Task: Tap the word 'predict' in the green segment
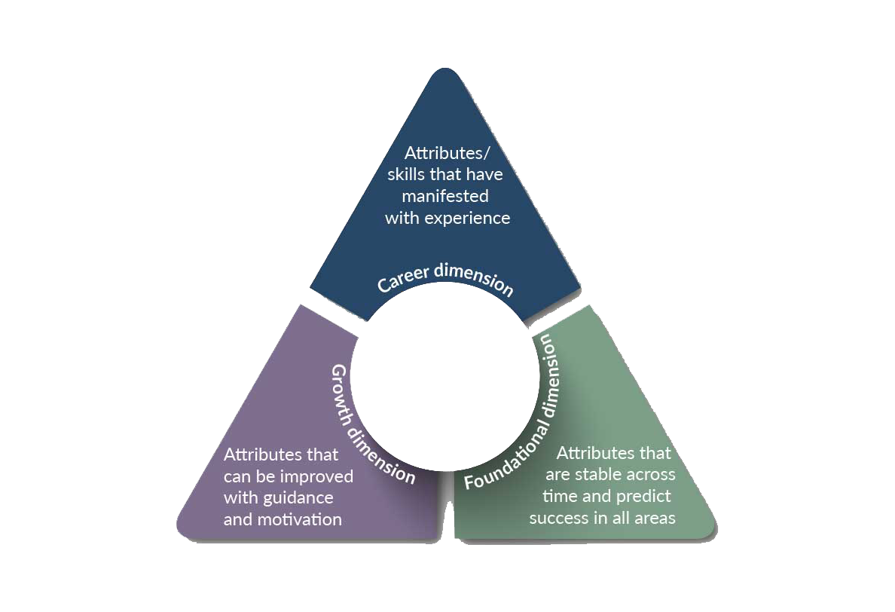(x=643, y=497)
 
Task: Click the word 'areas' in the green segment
(x=654, y=519)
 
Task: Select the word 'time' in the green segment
(x=560, y=497)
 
